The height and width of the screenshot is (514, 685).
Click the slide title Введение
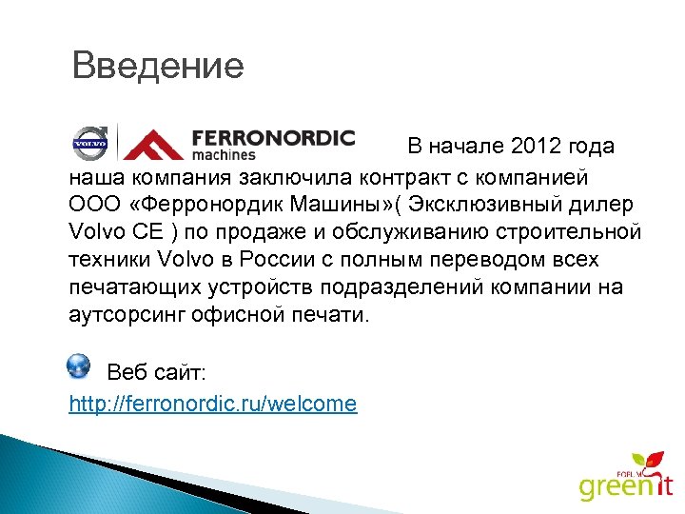point(158,67)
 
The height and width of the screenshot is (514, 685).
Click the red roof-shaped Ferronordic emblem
point(152,145)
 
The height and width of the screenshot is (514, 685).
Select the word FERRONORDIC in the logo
point(273,138)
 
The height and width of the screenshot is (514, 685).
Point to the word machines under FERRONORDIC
point(224,154)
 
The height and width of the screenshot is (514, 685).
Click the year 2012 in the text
point(536,148)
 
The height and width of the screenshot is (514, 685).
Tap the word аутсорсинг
point(125,314)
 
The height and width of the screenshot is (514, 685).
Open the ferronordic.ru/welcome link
point(213,404)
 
